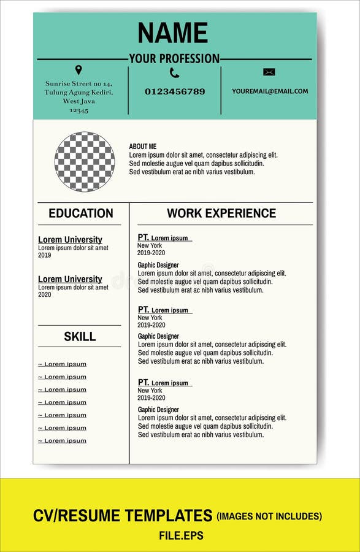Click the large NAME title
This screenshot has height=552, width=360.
point(173,33)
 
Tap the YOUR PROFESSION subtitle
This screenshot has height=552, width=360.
point(174,59)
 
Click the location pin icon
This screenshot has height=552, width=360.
point(79,70)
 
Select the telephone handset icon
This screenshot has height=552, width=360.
point(174,73)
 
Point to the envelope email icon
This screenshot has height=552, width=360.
point(269,72)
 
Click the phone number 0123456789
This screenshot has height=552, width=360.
point(175,91)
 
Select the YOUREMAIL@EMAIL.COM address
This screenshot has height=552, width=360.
point(270,91)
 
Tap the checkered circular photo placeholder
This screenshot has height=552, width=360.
point(85,161)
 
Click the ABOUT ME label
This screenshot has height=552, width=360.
point(142,147)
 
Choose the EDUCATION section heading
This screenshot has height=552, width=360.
point(81,213)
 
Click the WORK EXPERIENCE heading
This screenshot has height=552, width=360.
point(221,213)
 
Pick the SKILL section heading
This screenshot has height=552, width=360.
point(80,336)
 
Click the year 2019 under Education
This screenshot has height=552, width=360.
point(45,255)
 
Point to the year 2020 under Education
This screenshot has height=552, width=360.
point(45,294)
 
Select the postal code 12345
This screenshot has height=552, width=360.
point(79,110)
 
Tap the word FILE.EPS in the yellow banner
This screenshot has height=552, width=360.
point(181,535)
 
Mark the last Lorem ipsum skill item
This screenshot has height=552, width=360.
point(63,440)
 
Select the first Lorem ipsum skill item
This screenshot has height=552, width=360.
point(63,364)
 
